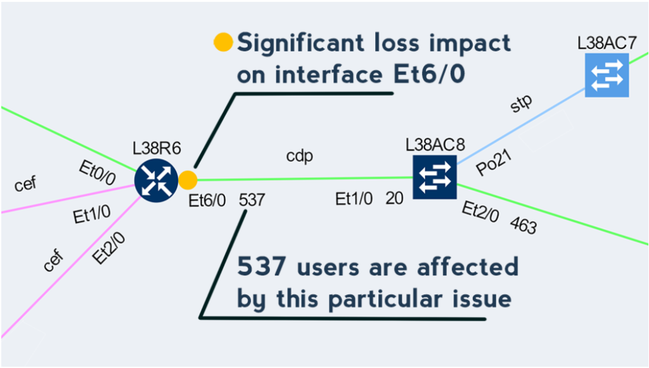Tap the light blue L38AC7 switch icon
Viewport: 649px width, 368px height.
(x=607, y=76)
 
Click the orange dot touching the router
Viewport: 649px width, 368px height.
(x=188, y=180)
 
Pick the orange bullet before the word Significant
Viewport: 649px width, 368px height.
(x=223, y=43)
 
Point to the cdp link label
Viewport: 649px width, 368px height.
(x=300, y=156)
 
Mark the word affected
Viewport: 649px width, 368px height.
(x=468, y=266)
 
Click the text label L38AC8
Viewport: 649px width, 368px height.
(x=434, y=144)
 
